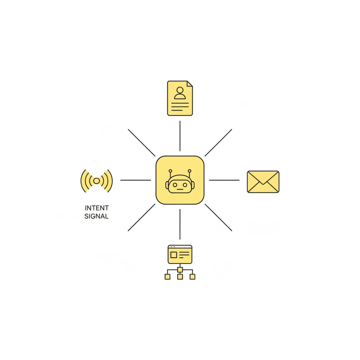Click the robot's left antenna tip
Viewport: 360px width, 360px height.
click(171, 171)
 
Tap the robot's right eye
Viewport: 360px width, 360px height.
click(185, 185)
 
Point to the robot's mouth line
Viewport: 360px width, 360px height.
click(180, 189)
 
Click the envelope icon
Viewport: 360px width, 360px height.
click(263, 182)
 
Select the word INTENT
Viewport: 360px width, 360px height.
click(97, 208)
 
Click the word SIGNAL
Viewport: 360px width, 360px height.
click(96, 216)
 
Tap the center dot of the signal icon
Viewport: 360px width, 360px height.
click(97, 181)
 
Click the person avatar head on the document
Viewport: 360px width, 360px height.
click(180, 90)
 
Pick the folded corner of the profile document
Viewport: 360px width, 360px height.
click(189, 84)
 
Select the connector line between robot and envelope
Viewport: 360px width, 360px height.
click(224, 180)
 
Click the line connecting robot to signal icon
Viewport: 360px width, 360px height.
click(136, 180)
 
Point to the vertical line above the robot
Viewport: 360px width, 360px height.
click(180, 136)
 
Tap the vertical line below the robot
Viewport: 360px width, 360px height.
click(180, 224)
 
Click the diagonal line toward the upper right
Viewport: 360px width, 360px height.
click(218, 143)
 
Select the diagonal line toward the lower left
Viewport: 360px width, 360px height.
click(141, 217)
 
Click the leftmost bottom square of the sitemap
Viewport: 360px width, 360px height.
click(168, 277)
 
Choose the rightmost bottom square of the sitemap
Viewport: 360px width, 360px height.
click(192, 277)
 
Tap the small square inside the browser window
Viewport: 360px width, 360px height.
click(174, 255)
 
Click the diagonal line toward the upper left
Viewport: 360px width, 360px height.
click(142, 143)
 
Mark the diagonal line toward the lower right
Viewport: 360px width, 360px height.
click(218, 217)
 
